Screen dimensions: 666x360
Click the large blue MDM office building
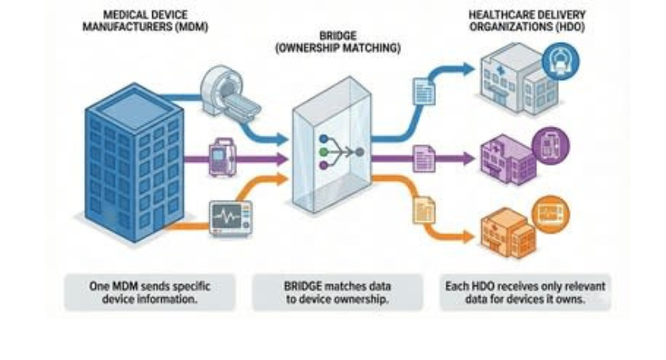(135, 163)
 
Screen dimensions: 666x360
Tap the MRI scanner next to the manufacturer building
(229, 92)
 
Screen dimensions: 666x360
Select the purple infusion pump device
(223, 157)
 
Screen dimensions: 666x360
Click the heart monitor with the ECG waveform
(231, 218)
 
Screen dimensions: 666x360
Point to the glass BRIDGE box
(331, 144)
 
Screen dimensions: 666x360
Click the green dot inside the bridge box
(323, 151)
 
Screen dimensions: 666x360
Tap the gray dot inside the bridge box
(360, 151)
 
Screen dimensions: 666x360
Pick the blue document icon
(424, 91)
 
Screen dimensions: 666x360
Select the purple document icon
(424, 159)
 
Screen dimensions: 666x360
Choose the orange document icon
(424, 210)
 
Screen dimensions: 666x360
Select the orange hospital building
(508, 232)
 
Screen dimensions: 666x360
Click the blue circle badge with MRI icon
(561, 61)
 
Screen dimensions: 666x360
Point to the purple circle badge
(550, 145)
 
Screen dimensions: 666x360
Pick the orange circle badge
(550, 214)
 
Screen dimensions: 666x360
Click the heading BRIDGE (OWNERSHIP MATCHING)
(338, 42)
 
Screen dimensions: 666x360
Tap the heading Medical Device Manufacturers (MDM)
(145, 21)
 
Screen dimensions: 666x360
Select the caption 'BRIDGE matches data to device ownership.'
(338, 293)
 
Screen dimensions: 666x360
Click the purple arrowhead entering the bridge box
(282, 159)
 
